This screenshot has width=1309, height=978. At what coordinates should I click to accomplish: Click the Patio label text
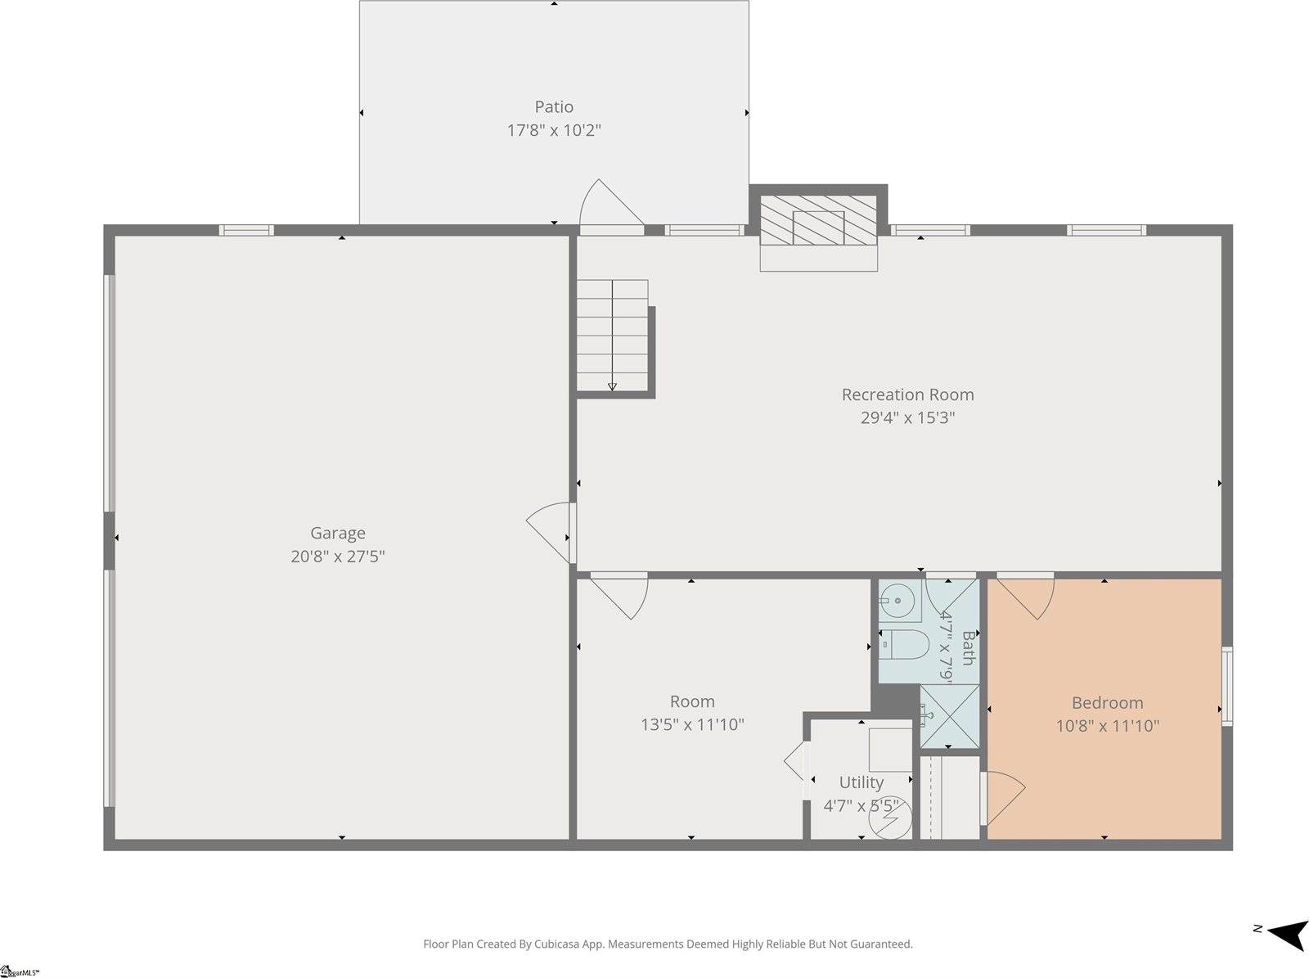click(x=554, y=106)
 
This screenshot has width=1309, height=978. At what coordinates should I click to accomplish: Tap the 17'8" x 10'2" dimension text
click(x=554, y=130)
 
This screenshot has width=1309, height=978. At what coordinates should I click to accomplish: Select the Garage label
click(x=337, y=534)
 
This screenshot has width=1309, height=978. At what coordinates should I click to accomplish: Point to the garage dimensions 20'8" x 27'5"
click(x=337, y=557)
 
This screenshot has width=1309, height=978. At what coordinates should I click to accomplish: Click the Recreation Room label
click(x=907, y=394)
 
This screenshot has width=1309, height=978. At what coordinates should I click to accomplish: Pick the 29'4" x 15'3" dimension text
click(x=907, y=417)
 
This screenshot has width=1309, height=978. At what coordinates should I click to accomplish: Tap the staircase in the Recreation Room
click(x=612, y=336)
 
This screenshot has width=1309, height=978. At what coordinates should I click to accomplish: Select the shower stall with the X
click(x=949, y=716)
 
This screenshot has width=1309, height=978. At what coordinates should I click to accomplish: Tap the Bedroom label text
click(x=1107, y=703)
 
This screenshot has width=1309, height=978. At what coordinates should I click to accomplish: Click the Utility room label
click(x=861, y=782)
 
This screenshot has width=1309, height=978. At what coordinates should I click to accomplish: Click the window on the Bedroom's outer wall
click(x=1226, y=686)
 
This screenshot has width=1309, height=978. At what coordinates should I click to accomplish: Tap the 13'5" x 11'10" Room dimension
click(x=692, y=724)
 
